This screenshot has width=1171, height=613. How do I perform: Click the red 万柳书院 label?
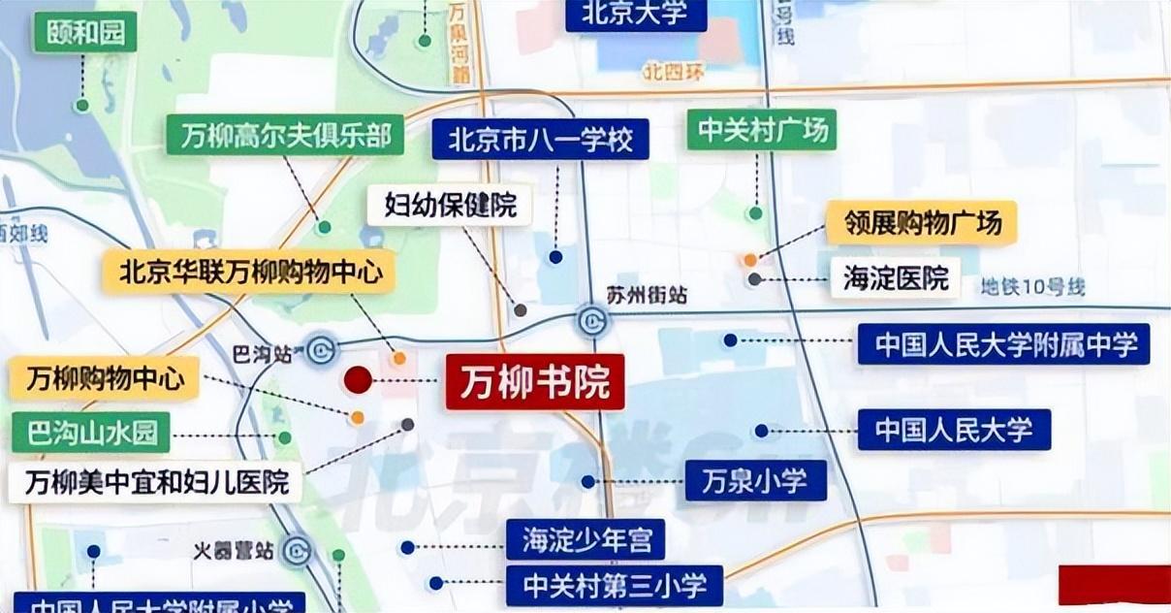click(x=535, y=382)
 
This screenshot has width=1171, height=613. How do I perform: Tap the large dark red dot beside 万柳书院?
click(x=358, y=380)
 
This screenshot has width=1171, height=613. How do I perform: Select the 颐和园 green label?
click(x=84, y=33)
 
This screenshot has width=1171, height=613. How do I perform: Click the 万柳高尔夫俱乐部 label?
click(x=285, y=136)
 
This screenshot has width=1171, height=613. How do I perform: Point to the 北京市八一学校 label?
click(x=540, y=141)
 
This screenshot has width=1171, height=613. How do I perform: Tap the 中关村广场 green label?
click(x=761, y=130)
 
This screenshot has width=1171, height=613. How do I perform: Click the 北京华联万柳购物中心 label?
click(x=250, y=272)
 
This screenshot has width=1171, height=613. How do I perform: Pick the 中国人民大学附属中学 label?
click(x=1003, y=344)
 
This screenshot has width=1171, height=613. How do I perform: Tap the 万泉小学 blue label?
click(x=756, y=481)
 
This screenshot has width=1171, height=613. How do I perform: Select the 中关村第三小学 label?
click(x=614, y=586)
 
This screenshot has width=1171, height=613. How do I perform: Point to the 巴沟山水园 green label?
click(x=91, y=433)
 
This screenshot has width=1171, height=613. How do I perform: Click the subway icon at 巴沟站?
click(x=321, y=350)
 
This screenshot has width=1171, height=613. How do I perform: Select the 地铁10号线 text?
click(x=1032, y=287)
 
